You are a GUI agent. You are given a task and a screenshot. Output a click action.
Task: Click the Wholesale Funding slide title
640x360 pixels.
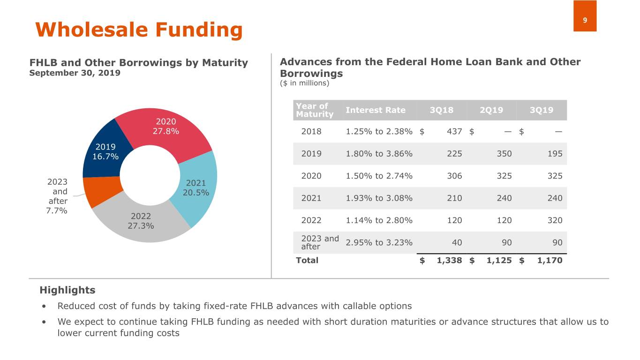pyautogui.click(x=139, y=30)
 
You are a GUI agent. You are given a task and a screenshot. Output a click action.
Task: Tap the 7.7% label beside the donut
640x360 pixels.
pyautogui.click(x=56, y=210)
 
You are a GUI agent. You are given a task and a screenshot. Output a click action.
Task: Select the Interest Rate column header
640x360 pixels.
pyautogui.click(x=375, y=110)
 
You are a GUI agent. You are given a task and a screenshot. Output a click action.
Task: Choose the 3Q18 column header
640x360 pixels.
pyautogui.click(x=441, y=110)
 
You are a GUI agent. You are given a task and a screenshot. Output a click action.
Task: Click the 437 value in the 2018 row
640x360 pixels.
pyautogui.click(x=454, y=131)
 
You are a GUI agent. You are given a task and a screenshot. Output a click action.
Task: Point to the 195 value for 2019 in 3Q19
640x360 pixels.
pyautogui.click(x=555, y=154)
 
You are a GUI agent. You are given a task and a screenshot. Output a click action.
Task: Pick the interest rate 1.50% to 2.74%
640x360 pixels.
pyautogui.click(x=379, y=176)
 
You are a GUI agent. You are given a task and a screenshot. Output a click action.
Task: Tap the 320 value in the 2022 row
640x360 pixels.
pyautogui.click(x=555, y=220)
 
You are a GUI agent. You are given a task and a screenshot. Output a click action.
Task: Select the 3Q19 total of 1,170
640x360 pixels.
pyautogui.click(x=550, y=260)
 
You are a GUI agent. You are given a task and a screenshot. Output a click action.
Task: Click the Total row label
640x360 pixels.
pyautogui.click(x=307, y=260)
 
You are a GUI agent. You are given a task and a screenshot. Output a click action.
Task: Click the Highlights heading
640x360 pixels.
pyautogui.click(x=67, y=290)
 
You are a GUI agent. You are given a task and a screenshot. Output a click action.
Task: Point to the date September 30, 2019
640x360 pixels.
pyautogui.click(x=75, y=73)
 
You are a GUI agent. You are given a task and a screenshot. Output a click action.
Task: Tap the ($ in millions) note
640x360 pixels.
pyautogui.click(x=304, y=83)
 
